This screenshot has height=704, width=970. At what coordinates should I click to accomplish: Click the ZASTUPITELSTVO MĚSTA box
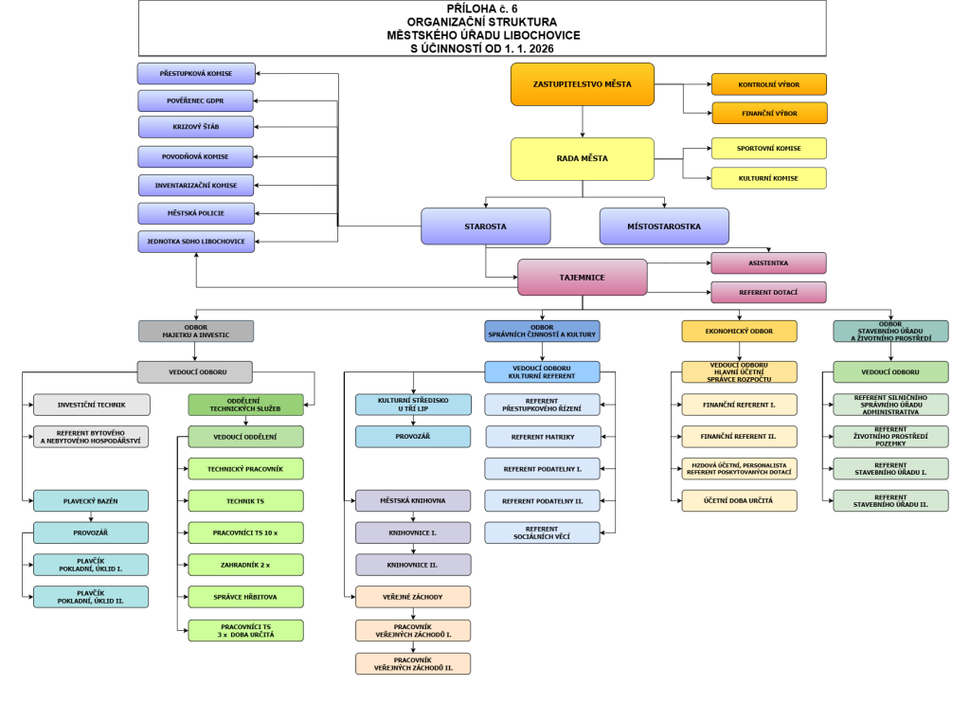(x=582, y=84)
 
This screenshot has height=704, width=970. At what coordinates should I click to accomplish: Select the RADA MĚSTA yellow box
(x=582, y=158)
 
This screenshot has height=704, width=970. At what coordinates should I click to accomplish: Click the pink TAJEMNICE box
(x=582, y=277)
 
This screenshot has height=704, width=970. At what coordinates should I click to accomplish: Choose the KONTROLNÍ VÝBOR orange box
(x=768, y=84)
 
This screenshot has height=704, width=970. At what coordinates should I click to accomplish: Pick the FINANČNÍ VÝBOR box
(x=768, y=114)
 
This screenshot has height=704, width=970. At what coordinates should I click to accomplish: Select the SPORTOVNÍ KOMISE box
(x=768, y=149)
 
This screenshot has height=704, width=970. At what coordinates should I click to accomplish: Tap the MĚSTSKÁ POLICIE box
(x=196, y=213)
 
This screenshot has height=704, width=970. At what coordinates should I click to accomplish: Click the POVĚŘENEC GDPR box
(x=196, y=100)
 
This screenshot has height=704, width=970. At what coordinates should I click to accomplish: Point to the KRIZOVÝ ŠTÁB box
(x=196, y=127)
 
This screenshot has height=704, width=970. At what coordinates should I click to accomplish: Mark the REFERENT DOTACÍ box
(x=768, y=293)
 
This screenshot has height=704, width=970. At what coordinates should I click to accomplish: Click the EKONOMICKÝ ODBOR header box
(x=739, y=331)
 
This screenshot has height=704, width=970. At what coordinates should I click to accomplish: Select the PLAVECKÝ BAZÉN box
(x=91, y=500)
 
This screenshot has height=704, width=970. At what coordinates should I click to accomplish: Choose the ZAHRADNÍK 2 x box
(x=245, y=565)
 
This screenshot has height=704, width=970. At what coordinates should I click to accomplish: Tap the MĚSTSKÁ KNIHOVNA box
(x=412, y=500)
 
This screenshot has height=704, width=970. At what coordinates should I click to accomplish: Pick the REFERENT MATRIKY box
(x=543, y=437)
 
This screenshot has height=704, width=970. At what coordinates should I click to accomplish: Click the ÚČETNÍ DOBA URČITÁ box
(x=739, y=500)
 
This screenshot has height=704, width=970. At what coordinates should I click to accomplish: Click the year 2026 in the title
(x=538, y=47)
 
